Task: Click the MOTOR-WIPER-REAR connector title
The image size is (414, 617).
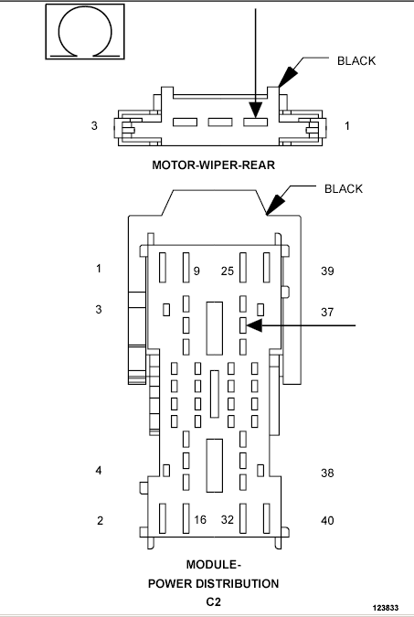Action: click(x=213, y=165)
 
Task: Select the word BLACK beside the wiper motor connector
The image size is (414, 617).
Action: click(x=356, y=60)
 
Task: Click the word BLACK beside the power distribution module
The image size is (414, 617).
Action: click(x=343, y=189)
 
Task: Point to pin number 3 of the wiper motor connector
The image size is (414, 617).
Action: click(x=94, y=125)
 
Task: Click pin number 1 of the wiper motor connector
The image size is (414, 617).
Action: click(x=346, y=125)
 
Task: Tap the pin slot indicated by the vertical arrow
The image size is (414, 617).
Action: click(x=255, y=122)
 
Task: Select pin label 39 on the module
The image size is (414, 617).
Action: click(x=327, y=271)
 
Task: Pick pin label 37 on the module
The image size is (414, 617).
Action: click(x=327, y=312)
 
